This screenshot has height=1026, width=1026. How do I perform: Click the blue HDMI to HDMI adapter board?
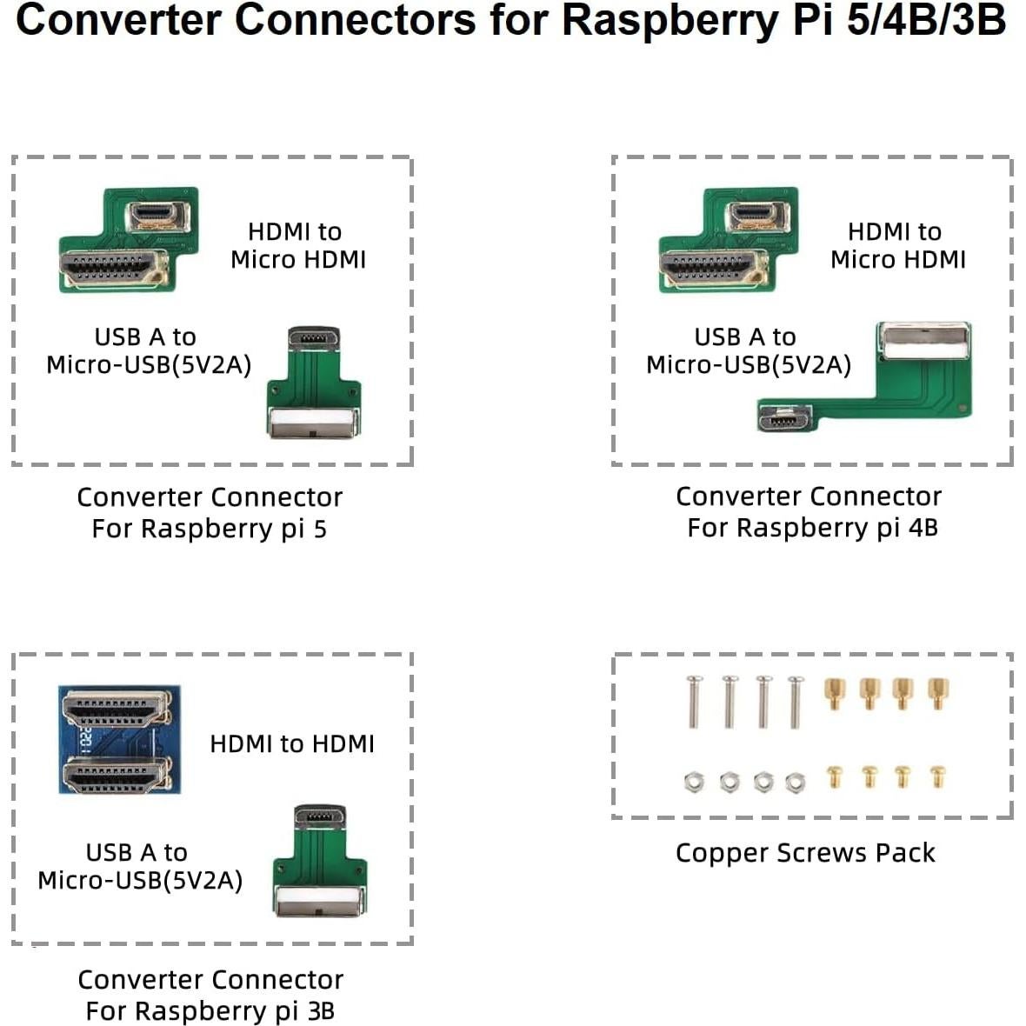[120, 739]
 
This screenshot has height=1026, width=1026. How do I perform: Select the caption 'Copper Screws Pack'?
[805, 853]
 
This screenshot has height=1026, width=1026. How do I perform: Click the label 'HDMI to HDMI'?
[292, 744]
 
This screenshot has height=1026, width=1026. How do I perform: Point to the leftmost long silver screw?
[693, 702]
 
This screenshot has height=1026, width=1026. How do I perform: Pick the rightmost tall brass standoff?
[937, 693]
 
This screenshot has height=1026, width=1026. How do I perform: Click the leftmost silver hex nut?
[693, 782]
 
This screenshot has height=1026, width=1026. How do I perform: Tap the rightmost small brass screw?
[937, 776]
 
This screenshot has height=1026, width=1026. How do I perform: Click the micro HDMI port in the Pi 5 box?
[159, 215]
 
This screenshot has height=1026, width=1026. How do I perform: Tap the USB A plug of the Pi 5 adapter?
[313, 423]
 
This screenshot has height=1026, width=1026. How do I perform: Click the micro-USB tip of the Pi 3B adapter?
[320, 817]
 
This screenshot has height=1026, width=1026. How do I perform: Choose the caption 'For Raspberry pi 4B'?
[812, 528]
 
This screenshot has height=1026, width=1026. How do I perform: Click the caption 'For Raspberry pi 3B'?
[210, 1011]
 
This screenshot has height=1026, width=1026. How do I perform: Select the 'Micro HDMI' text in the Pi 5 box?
[298, 260]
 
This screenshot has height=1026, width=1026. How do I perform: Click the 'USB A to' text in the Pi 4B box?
[745, 337]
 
